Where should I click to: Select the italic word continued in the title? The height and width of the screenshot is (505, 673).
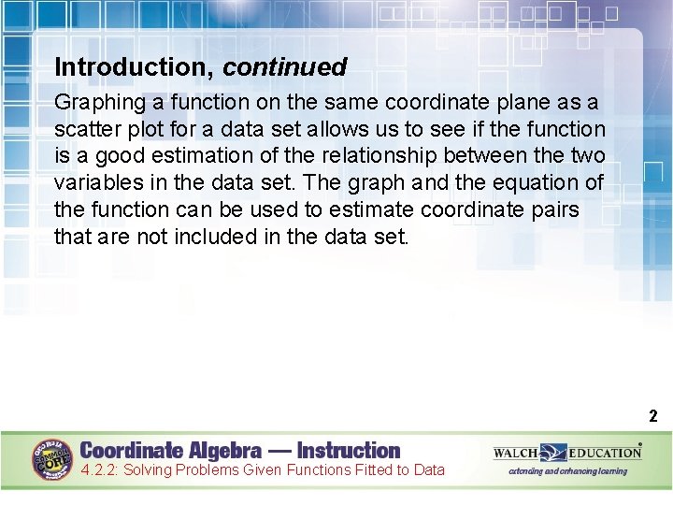[285, 67]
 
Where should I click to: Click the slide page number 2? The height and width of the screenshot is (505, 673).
[653, 417]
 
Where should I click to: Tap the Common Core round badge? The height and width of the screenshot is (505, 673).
[55, 460]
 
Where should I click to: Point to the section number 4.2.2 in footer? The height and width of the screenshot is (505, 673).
[98, 470]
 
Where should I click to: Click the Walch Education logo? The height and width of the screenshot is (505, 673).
[567, 453]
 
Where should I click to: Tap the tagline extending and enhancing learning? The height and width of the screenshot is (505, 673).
[567, 471]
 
